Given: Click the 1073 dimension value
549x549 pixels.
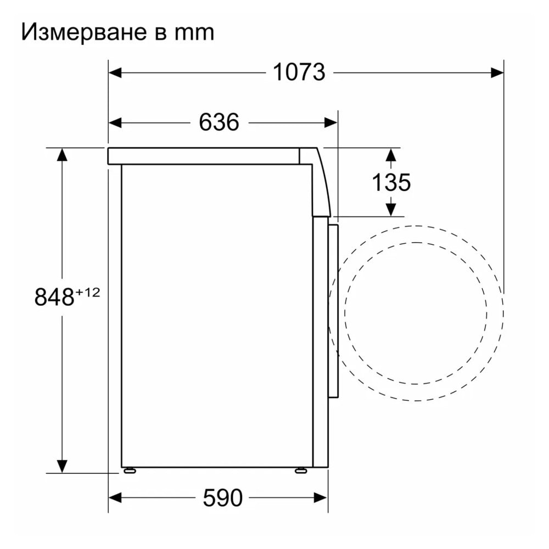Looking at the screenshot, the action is [299, 72].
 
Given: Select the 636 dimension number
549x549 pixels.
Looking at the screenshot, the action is [219, 122].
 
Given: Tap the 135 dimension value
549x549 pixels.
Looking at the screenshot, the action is [391, 182].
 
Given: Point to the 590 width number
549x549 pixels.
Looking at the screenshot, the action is [223, 497].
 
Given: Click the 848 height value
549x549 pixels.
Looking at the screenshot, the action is [54, 297].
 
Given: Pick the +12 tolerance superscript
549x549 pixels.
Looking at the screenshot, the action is [87, 293].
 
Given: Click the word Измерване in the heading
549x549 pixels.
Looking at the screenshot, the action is [83, 32].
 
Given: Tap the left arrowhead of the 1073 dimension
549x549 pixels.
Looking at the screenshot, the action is [115, 73].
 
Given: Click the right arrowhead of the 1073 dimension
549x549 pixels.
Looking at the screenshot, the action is [497, 73].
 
